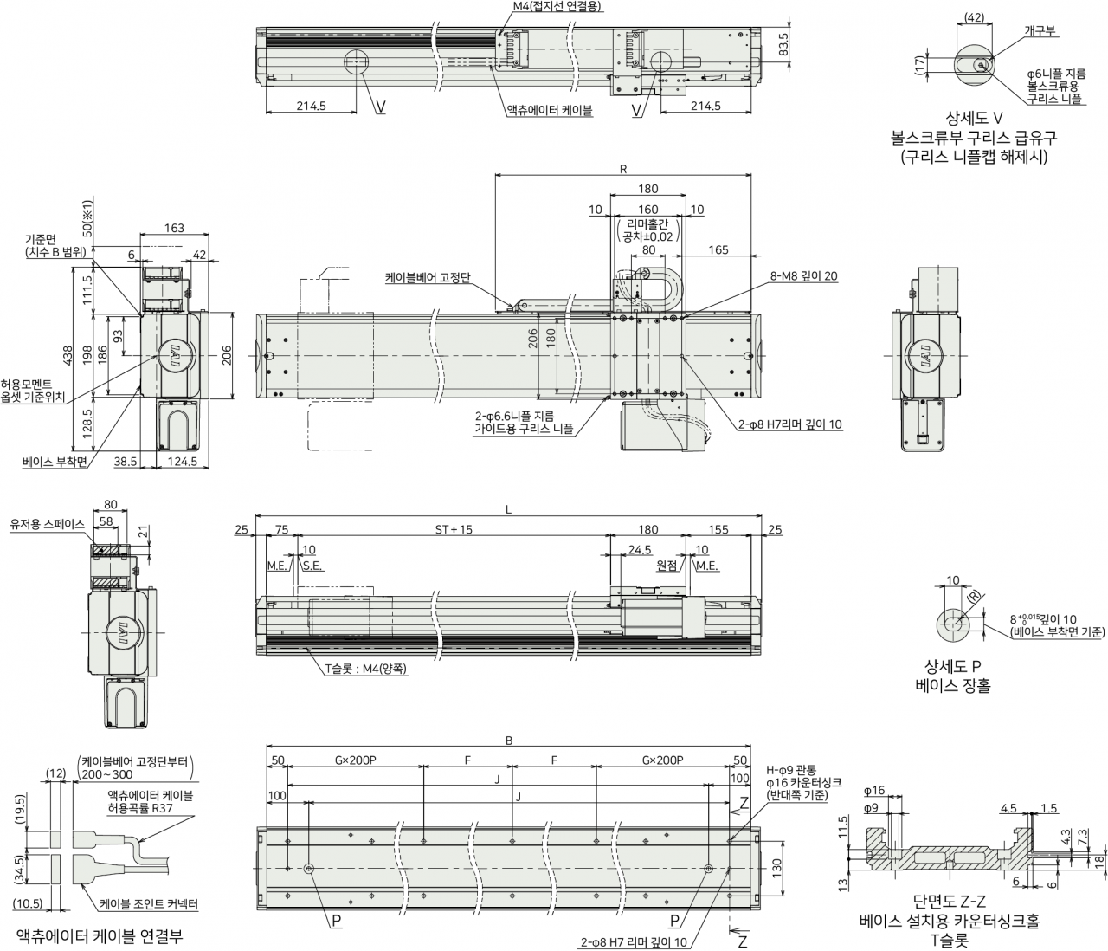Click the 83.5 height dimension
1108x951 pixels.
(783, 44)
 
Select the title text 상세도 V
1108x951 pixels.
(974, 118)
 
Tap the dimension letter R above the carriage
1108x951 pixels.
(623, 169)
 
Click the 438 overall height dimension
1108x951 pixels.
(67, 356)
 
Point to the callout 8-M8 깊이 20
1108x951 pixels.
(803, 276)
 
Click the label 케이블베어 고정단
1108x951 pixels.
(428, 277)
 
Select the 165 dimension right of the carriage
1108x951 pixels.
(718, 249)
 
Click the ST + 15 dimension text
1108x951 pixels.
(454, 530)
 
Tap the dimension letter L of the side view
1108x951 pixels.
(508, 509)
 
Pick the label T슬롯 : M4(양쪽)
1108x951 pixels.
(366, 669)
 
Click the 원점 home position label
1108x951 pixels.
(667, 566)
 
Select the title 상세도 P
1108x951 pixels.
(952, 667)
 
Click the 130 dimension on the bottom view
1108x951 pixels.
(776, 866)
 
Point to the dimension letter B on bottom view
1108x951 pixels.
(509, 741)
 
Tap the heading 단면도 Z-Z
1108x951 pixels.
(950, 901)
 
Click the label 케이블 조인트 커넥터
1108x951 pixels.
(149, 904)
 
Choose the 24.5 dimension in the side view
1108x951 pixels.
(640, 550)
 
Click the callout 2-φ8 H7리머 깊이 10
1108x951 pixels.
(790, 424)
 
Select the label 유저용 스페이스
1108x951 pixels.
(47, 524)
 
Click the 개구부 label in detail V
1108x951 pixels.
(1040, 30)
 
